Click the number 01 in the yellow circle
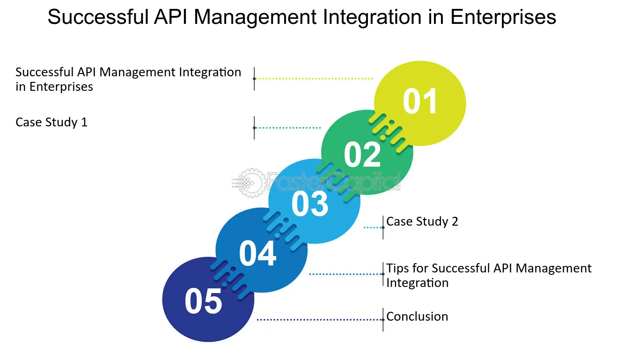pyautogui.click(x=420, y=101)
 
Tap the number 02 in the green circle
pyautogui.click(x=362, y=154)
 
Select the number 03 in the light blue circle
pyautogui.click(x=310, y=204)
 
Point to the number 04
pyautogui.click(x=257, y=253)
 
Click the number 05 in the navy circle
pyautogui.click(x=203, y=301)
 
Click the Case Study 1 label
pyautogui.click(x=51, y=123)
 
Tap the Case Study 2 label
pyautogui.click(x=422, y=221)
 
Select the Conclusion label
pyautogui.click(x=417, y=316)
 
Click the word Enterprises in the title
pyautogui.click(x=503, y=17)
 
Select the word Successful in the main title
pyautogui.click(x=98, y=17)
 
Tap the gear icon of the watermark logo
pyautogui.click(x=250, y=183)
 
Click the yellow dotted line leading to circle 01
pyautogui.click(x=314, y=79)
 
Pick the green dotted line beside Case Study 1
pyautogui.click(x=287, y=128)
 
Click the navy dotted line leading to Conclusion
pyautogui.click(x=320, y=320)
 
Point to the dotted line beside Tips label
pyautogui.click(x=346, y=274)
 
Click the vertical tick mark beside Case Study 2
pyautogui.click(x=383, y=228)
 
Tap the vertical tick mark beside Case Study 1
pyautogui.click(x=254, y=128)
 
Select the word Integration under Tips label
pyautogui.click(x=417, y=283)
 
